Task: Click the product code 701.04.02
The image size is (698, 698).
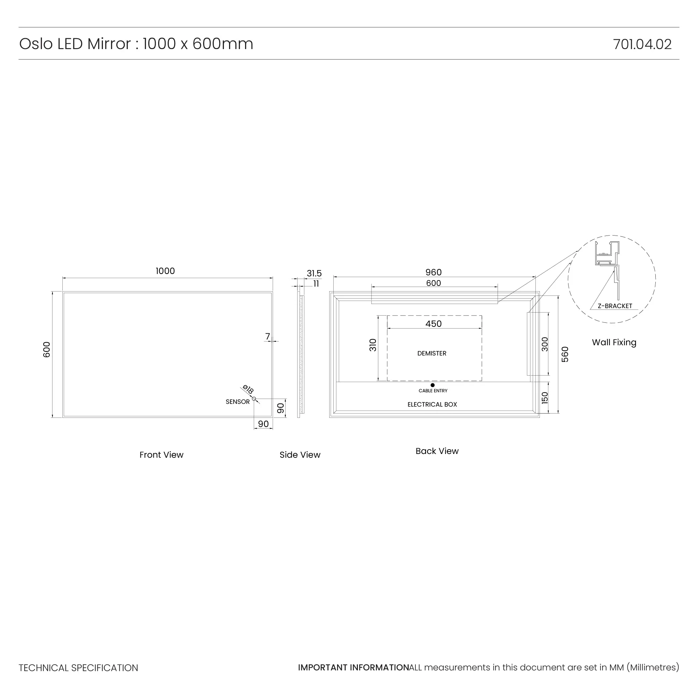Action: click(642, 44)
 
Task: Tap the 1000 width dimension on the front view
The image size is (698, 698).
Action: click(165, 271)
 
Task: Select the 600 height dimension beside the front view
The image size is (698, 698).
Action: click(47, 349)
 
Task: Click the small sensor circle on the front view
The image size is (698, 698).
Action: click(254, 399)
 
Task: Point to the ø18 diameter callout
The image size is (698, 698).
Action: click(248, 390)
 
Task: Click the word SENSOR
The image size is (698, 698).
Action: click(237, 402)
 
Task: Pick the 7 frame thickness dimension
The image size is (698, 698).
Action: click(267, 336)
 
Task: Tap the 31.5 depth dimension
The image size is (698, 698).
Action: click(314, 273)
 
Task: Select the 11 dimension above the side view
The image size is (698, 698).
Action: click(316, 284)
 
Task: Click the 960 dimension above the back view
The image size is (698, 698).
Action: click(433, 272)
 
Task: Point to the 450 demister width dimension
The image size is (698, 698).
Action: click(433, 324)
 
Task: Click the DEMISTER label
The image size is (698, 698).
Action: click(432, 353)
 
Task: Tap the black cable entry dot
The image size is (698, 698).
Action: click(433, 385)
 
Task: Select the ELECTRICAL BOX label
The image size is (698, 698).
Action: click(432, 405)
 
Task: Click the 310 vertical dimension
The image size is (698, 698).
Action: click(373, 345)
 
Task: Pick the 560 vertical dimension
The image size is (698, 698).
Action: click(565, 354)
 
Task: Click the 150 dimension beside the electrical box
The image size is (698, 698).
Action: click(545, 398)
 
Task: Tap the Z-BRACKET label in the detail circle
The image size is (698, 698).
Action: click(614, 306)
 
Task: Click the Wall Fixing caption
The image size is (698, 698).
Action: click(614, 342)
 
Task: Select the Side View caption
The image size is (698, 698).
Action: click(300, 455)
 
